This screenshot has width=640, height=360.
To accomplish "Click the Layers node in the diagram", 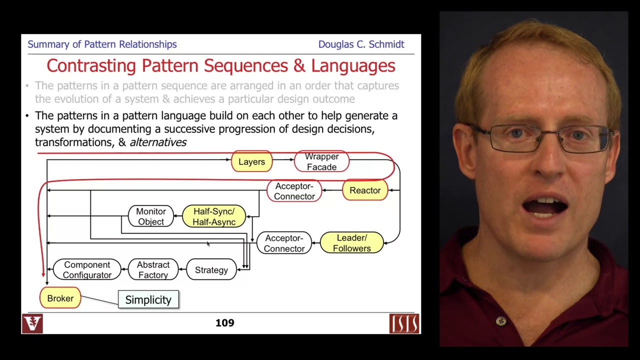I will click(x=251, y=161).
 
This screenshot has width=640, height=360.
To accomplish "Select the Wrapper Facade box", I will click(x=321, y=161).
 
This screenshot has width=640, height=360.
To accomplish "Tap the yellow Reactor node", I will click(x=365, y=190).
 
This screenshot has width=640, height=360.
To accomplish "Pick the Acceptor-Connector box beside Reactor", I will click(x=294, y=191).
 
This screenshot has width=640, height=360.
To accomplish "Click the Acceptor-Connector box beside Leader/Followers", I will click(x=284, y=243).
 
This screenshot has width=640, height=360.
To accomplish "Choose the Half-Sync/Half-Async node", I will click(x=213, y=216).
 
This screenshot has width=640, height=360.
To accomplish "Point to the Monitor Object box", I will click(x=150, y=216).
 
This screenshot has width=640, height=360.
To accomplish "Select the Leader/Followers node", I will click(x=351, y=243).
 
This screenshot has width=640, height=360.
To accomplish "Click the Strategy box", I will click(x=211, y=270).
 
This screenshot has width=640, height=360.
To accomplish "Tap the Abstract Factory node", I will click(x=153, y=270).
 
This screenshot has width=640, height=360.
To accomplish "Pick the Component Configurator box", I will click(x=87, y=270).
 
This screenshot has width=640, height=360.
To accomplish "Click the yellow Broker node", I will click(x=60, y=298).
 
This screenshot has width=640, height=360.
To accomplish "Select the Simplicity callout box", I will click(x=148, y=299).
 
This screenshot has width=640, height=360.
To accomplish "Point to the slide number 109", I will click(x=224, y=323).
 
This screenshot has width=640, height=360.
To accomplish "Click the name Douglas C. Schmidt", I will click(x=361, y=44).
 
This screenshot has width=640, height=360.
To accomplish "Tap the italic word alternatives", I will click(x=158, y=142).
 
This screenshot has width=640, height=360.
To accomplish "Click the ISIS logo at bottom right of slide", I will click(x=404, y=323).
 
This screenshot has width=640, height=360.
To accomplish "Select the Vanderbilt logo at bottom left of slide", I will click(x=32, y=323).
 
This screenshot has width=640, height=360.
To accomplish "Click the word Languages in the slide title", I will click(x=353, y=65).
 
